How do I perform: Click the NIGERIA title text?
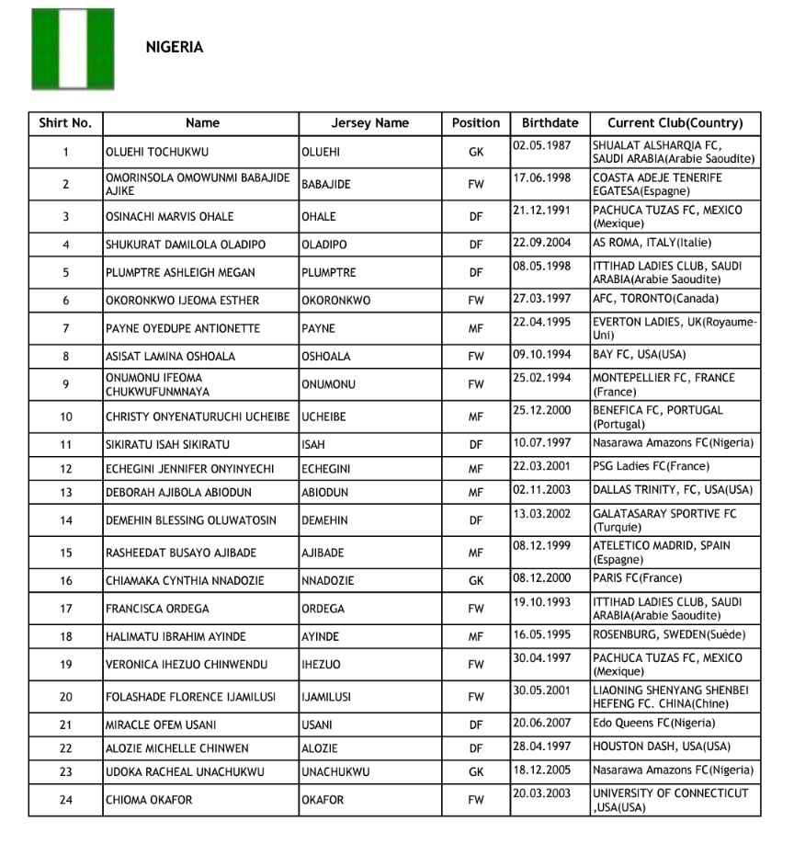[175, 48]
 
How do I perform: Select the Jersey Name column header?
[370, 123]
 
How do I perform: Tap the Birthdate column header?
[550, 123]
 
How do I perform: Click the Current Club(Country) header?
[675, 123]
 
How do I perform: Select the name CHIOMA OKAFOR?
[149, 800]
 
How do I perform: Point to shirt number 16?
[65, 580]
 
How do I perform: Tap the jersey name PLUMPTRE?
[329, 273]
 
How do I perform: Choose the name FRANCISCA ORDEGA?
[157, 609]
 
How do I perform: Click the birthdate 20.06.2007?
[542, 724]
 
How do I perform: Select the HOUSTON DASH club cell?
[662, 747]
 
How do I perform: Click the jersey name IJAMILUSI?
[332, 697]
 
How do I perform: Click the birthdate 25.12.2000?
[542, 410]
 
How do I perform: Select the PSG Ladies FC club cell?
[644, 467]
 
